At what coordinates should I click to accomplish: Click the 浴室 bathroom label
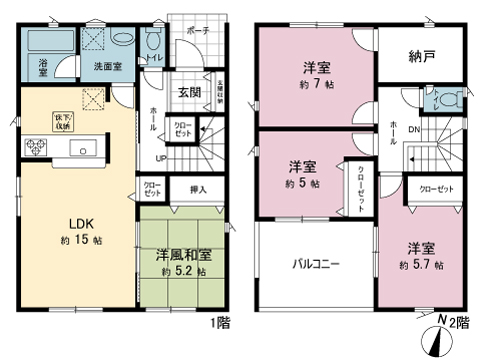[x=44, y=68]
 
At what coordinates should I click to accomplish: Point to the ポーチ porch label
[x=197, y=30]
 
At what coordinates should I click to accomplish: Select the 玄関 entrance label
[x=190, y=92]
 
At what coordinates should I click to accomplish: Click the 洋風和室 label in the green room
[x=182, y=254]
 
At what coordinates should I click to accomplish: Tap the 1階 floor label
[x=220, y=323]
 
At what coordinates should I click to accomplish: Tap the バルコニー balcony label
[x=316, y=265]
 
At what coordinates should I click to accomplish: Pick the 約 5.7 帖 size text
[x=419, y=265]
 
